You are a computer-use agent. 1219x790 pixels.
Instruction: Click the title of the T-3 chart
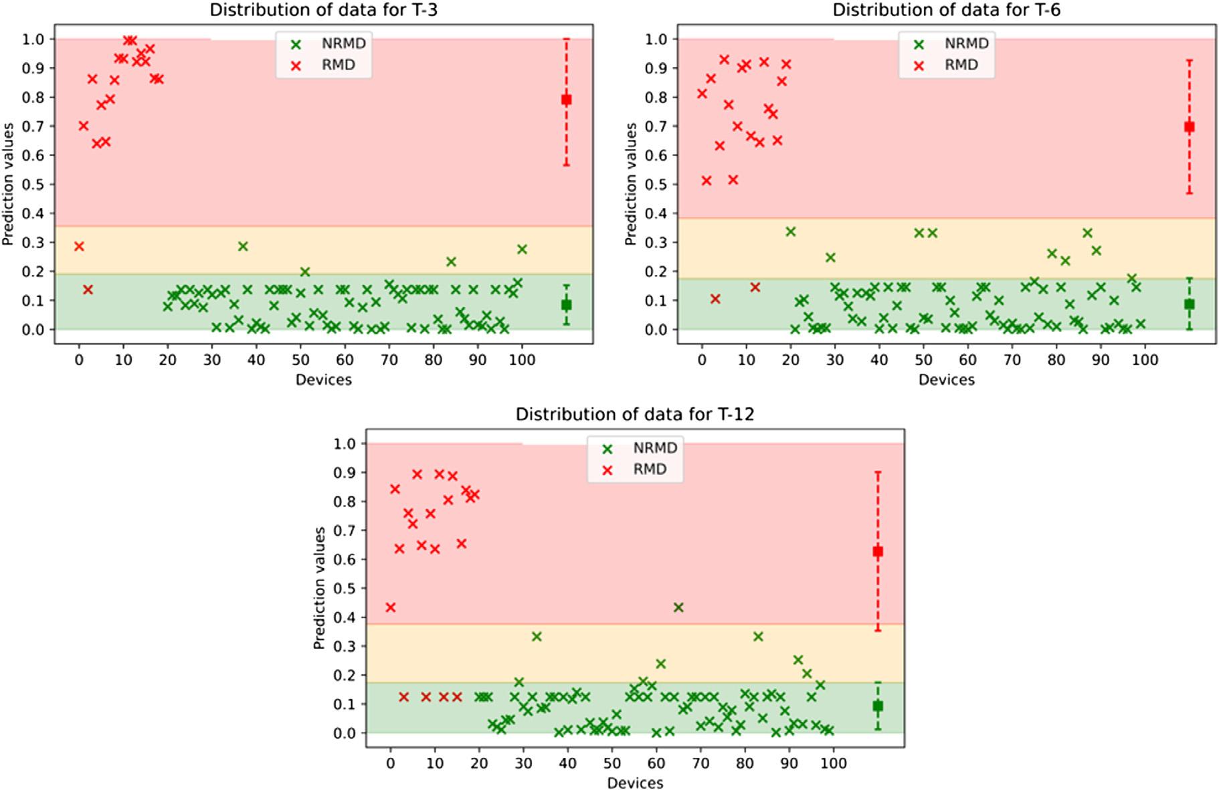tap(324, 10)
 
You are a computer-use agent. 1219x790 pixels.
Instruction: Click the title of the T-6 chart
tap(946, 10)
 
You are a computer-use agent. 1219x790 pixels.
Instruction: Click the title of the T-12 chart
tap(634, 414)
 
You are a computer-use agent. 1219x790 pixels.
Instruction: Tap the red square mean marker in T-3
tap(566, 100)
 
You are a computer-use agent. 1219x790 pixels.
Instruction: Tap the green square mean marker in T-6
tap(1189, 304)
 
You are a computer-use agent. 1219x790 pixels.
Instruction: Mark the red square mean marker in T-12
tap(878, 552)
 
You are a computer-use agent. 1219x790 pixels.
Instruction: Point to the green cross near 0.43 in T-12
tap(678, 607)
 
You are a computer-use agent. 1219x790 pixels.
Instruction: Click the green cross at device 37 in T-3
tap(243, 246)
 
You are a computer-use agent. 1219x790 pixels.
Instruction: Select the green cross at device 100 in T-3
tap(522, 249)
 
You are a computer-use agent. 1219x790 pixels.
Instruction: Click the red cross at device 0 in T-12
tap(391, 607)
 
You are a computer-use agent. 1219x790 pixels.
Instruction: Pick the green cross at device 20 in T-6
tap(790, 231)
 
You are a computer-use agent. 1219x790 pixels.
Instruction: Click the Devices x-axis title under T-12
tap(635, 783)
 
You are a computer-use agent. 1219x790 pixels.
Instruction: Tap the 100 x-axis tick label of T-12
tap(833, 763)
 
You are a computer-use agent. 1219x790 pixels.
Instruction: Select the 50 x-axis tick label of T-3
tap(300, 360)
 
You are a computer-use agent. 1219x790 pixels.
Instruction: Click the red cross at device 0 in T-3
tap(79, 246)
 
